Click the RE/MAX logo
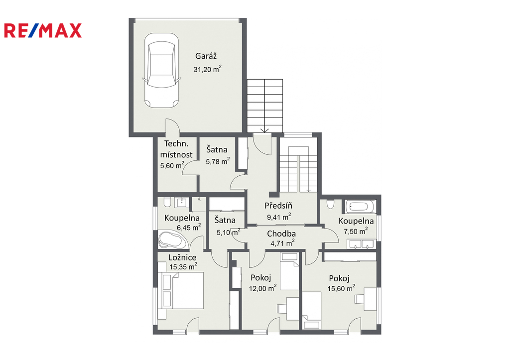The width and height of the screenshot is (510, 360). (x=43, y=30)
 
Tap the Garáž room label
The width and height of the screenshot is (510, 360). (x=206, y=56)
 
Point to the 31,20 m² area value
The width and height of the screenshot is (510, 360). (x=208, y=69)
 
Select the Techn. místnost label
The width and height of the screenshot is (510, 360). (x=176, y=149)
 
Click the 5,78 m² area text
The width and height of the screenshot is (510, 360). (x=218, y=161)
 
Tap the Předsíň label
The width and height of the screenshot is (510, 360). (x=278, y=206)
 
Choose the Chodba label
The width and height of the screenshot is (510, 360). (x=281, y=234)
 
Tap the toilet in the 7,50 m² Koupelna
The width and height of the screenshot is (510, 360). (x=330, y=204)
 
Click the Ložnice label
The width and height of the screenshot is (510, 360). (x=182, y=257)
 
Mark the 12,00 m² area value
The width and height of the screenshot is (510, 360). (x=263, y=288)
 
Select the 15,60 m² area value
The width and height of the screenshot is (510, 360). (x=341, y=288)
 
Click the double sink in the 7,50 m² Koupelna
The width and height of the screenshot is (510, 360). (x=361, y=244)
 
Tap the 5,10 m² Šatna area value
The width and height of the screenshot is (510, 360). (x=228, y=232)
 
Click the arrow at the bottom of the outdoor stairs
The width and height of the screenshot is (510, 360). (x=265, y=129)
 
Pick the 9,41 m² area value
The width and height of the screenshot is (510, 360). (x=279, y=217)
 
